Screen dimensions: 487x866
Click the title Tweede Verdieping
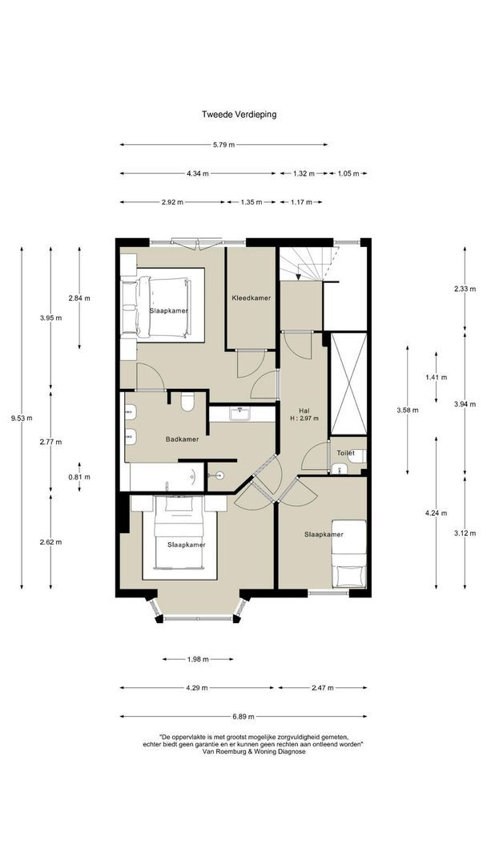(x=239, y=115)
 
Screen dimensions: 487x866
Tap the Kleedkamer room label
(x=251, y=298)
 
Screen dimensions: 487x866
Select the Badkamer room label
(x=182, y=439)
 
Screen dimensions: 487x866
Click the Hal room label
(x=304, y=411)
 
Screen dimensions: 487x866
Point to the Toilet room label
(x=346, y=453)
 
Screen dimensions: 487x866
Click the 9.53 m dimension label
(x=22, y=418)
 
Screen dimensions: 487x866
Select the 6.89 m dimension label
(x=243, y=717)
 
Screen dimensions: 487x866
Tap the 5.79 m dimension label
(x=223, y=144)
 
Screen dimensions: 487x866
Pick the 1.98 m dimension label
(x=198, y=659)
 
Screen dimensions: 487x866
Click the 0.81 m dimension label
(x=78, y=477)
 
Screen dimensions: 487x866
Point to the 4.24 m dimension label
(x=436, y=513)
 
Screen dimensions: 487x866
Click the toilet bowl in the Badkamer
(x=187, y=402)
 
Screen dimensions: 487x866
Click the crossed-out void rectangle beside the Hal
(x=348, y=383)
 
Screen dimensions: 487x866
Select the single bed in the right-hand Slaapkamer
(x=348, y=553)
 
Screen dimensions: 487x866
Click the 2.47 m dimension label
(x=323, y=688)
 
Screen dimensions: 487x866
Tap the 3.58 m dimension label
(x=407, y=411)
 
